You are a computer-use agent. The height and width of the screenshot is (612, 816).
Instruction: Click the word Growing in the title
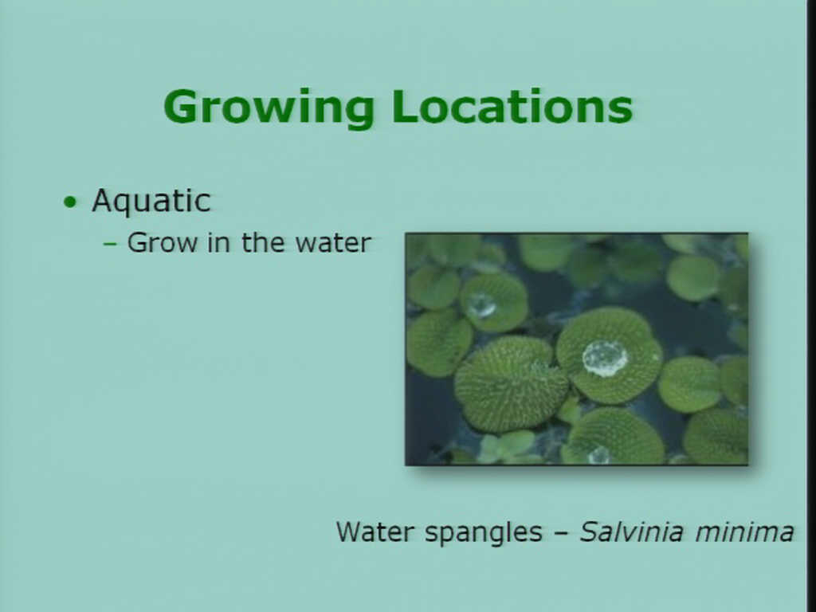(269, 108)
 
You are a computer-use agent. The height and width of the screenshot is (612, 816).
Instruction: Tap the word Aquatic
(151, 201)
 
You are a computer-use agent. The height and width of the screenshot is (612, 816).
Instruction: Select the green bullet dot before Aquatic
(70, 202)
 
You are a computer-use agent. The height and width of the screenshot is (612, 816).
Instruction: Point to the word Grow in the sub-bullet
(163, 242)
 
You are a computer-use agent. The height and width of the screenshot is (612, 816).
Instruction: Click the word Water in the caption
(375, 532)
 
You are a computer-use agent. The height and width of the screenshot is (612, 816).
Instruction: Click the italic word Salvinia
(631, 532)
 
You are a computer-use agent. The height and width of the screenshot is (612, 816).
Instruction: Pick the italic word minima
(745, 532)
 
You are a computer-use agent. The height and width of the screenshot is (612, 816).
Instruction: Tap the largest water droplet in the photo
(605, 359)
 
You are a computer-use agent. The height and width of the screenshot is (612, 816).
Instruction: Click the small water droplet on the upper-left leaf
(481, 305)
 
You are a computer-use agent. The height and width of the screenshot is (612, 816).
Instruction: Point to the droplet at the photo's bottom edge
(599, 456)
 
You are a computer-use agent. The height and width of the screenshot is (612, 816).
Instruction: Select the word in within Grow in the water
(218, 242)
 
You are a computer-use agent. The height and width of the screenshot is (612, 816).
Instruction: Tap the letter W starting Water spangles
(351, 532)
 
